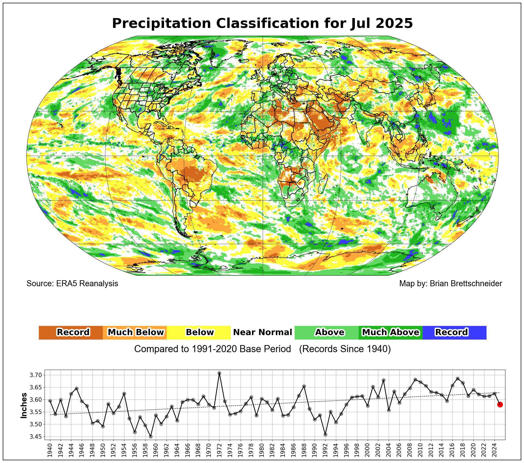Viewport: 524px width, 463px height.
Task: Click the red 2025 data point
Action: coord(500,404)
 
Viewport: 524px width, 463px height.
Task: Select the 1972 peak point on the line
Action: coord(219,373)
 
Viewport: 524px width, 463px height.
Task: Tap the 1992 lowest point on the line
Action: coord(325,435)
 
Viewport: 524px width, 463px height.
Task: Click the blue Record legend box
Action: coord(454,332)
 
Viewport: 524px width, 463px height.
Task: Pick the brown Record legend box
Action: coord(71,332)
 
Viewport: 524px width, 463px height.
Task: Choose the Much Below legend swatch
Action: coord(135,332)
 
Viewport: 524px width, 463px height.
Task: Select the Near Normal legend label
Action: coord(262,332)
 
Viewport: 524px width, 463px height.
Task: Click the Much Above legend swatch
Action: coord(390,332)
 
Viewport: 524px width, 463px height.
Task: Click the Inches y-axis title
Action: coord(24,406)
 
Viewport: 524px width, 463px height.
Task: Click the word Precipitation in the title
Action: coord(161,24)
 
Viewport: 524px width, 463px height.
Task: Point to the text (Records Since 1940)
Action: coord(345,349)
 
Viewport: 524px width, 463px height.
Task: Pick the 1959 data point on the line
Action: coord(151,436)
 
